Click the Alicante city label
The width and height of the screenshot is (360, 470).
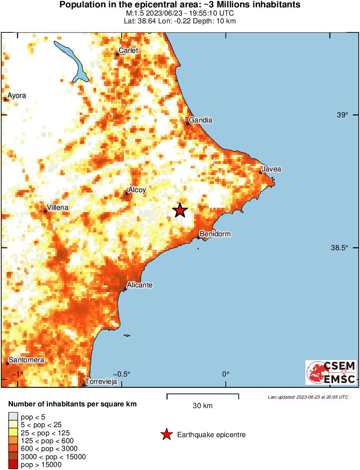[140, 285]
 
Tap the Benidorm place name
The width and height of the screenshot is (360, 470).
[215, 234]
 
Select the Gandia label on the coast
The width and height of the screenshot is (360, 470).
[201, 120]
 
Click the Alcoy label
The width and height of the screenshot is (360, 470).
[137, 190]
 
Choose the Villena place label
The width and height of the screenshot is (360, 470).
[58, 208]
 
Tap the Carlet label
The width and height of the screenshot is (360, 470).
[128, 51]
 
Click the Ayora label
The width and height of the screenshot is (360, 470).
[17, 95]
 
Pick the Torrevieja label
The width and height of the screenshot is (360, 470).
[101, 382]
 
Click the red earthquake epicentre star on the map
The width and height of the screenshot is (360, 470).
[180, 211]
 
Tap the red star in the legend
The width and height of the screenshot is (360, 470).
[166, 435]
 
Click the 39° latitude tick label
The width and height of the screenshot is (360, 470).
[343, 115]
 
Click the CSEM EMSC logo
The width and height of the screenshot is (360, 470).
[331, 372]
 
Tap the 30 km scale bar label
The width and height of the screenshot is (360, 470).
[202, 406]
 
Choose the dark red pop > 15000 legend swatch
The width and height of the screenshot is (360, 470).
[13, 465]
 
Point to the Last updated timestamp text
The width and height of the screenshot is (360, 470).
[308, 397]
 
